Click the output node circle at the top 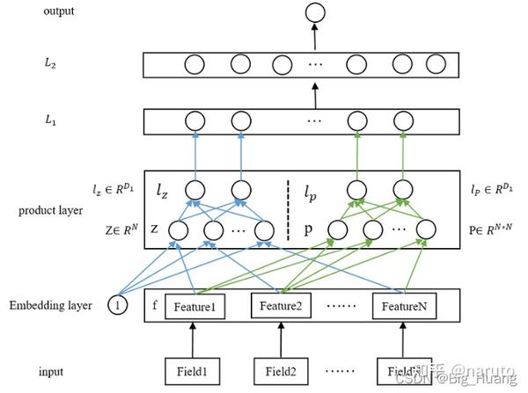click(313, 13)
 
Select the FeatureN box click(404, 306)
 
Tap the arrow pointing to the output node click(313, 37)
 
